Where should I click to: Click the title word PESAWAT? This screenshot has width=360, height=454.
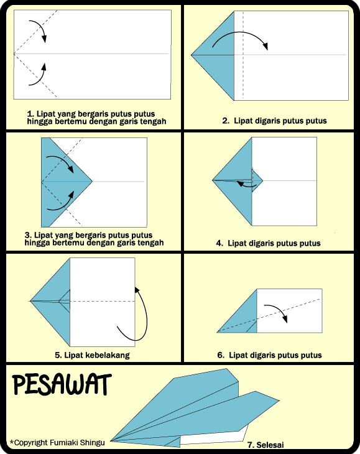61,386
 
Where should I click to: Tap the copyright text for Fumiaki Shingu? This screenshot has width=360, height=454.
57,442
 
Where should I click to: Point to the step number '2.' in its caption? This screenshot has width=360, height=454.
226,121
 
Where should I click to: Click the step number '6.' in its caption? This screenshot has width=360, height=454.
220,355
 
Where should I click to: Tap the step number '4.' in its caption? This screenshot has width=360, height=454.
219,243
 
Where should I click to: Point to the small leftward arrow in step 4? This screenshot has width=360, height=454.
246,184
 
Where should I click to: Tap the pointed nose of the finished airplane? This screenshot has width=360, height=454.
114,439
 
